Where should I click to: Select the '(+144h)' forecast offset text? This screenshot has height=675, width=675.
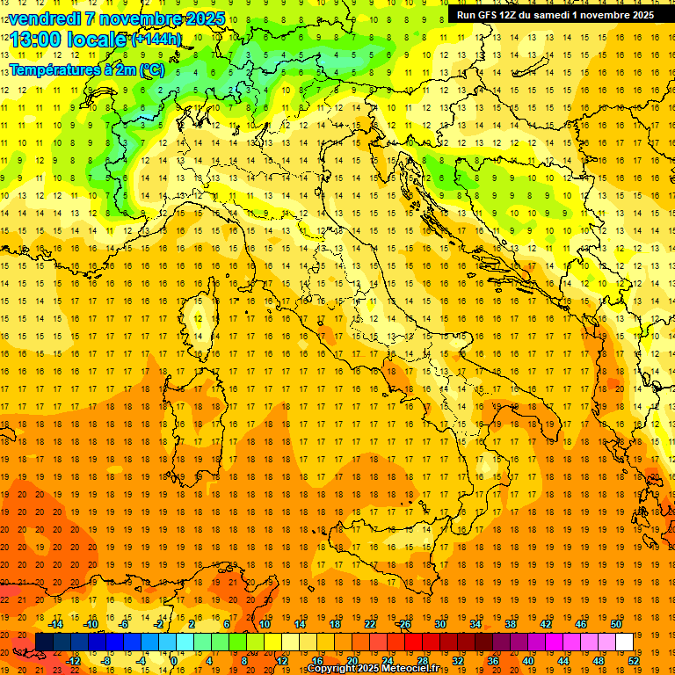(x=156, y=40)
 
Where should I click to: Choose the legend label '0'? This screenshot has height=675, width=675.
(x=174, y=661)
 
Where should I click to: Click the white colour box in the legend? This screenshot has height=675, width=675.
(x=624, y=642)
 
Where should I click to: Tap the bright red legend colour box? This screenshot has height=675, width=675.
(x=413, y=642)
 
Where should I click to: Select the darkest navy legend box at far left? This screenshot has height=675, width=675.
(x=44, y=642)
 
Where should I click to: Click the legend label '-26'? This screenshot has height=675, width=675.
(x=403, y=625)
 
